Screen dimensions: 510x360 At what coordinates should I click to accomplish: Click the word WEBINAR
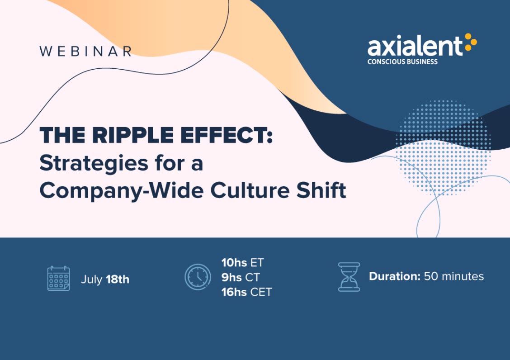pos(85,52)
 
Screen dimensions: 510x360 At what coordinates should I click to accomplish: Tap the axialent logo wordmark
pos(415,46)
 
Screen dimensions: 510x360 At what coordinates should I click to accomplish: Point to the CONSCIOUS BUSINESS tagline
pos(402,62)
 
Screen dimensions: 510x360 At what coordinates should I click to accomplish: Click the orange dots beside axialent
pos(471,42)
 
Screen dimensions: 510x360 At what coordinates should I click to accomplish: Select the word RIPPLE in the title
pos(133,135)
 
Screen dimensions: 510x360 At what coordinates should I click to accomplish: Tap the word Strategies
pos(94,163)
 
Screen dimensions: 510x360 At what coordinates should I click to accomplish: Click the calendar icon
pos(58,278)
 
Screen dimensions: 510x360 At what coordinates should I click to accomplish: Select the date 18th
pos(118,279)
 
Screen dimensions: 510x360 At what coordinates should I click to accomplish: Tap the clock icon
pos(198,277)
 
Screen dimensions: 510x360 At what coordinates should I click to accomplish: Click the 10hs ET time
pos(243,263)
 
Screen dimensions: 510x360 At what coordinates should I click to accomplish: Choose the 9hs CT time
pos(241,277)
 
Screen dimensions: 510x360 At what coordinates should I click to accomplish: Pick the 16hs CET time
pos(246,292)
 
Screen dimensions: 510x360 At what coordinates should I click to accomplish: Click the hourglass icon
pos(349,277)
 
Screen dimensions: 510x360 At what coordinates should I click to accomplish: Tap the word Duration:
pos(395,276)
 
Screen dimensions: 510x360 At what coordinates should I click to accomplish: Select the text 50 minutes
pos(454,276)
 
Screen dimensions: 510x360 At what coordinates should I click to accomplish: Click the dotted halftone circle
pos(444,148)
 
